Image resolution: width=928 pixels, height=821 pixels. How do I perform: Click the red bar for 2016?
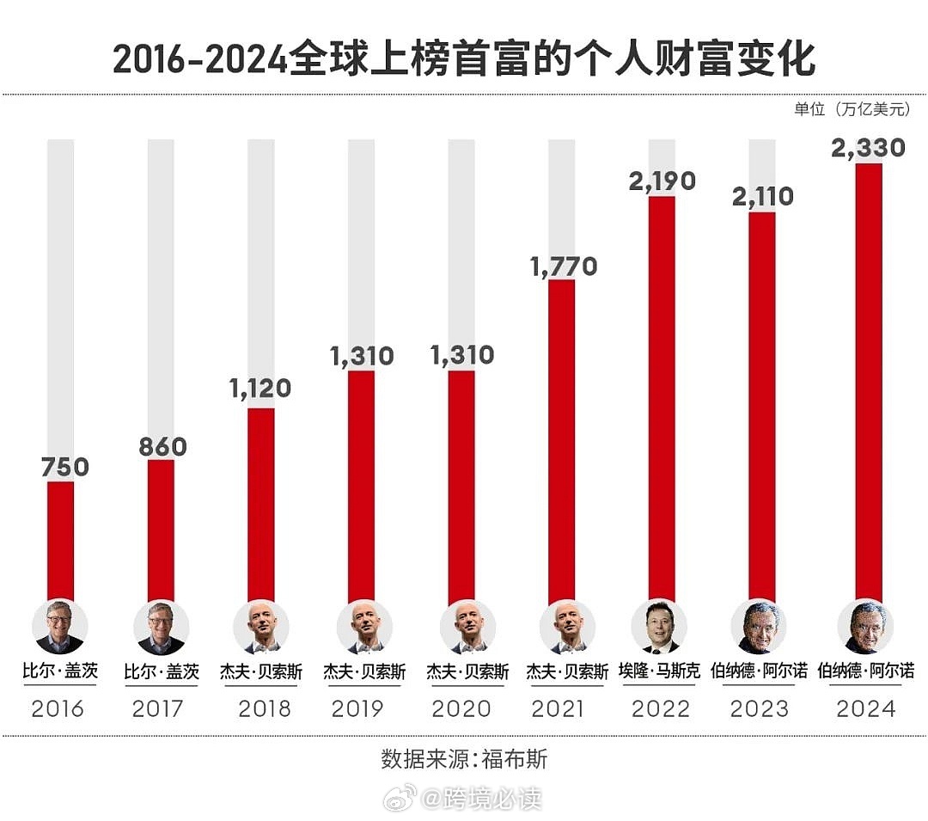click(60, 542)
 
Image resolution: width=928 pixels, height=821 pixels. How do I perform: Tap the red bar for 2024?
click(869, 382)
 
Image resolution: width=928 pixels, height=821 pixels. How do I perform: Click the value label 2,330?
click(869, 148)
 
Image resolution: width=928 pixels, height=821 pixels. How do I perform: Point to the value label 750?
click(65, 467)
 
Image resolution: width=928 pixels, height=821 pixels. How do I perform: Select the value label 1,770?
click(563, 267)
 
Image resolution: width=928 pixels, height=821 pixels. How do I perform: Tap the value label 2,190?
click(662, 182)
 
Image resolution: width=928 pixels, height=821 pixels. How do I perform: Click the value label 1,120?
click(260, 389)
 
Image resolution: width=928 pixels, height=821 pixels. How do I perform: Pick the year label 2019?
click(358, 708)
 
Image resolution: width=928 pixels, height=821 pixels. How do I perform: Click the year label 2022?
click(661, 708)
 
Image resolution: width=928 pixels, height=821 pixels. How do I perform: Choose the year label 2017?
click(160, 708)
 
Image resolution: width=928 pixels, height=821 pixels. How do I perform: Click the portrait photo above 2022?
click(661, 627)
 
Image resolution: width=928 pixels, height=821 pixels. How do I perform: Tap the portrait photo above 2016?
click(59, 627)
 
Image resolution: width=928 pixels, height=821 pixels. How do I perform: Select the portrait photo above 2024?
click(865, 627)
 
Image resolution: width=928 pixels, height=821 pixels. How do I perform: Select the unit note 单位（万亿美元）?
click(858, 110)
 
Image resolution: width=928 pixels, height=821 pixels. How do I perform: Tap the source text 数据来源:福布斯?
click(464, 760)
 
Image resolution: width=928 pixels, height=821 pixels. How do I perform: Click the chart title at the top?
click(464, 60)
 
